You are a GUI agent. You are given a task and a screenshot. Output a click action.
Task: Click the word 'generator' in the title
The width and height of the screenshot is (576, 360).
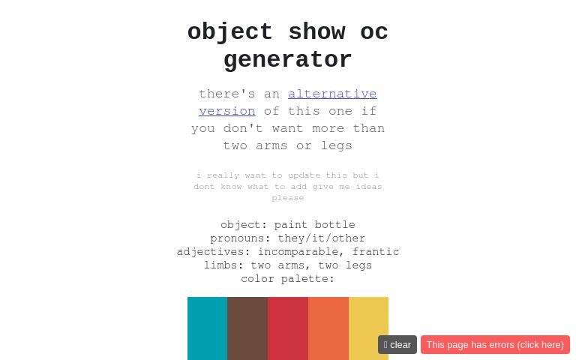[x=288, y=60]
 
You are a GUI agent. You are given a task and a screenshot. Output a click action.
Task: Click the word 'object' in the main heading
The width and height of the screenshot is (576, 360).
[x=230, y=32]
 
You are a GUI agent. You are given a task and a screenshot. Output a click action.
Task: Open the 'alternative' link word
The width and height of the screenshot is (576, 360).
[x=332, y=94]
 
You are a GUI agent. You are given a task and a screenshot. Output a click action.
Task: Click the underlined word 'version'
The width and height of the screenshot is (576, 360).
[x=227, y=111]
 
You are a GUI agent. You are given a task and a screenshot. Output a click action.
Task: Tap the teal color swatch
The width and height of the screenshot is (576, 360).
[x=208, y=328]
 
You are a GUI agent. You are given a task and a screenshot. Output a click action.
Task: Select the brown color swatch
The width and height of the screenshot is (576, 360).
[x=247, y=328]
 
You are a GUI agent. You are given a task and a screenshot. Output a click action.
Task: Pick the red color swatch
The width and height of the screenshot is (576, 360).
[x=288, y=328]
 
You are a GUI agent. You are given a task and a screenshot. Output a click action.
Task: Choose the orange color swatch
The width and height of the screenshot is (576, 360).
[x=328, y=328]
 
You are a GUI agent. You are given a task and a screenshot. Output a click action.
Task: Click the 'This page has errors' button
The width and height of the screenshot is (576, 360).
[x=495, y=344]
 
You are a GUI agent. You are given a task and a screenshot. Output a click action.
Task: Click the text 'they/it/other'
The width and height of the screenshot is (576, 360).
[x=322, y=238]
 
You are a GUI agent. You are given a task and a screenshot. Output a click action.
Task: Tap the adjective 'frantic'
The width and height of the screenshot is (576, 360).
[x=376, y=252]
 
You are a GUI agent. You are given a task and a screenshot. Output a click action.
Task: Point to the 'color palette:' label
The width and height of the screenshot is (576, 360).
[x=288, y=279]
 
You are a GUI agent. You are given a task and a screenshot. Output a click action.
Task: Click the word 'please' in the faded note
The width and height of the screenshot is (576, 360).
[x=288, y=198]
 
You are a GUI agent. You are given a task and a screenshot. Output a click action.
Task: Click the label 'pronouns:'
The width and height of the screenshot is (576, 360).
[x=240, y=238]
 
